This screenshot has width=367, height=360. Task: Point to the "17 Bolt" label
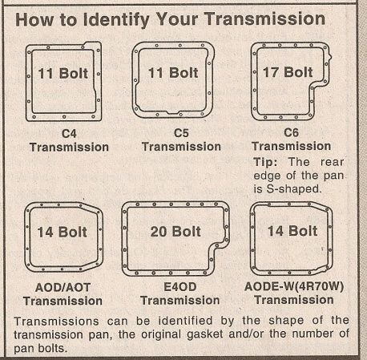click(x=287, y=72)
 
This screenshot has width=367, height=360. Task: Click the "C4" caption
click(x=69, y=133)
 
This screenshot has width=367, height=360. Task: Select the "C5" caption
click(x=181, y=133)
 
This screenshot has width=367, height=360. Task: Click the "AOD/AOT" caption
click(x=63, y=288)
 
